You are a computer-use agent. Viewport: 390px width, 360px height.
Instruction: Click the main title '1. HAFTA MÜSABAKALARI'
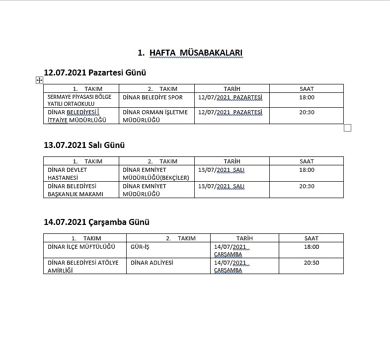[190, 53]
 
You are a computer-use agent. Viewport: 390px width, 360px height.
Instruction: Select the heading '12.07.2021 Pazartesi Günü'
[95, 72]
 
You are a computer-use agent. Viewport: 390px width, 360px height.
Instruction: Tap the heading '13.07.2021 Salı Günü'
[84, 145]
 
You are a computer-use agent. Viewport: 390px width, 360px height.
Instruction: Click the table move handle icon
[39, 80]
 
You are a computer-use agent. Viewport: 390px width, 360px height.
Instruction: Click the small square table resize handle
[347, 128]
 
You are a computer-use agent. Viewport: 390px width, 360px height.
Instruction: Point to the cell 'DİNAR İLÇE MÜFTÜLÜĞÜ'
[81, 247]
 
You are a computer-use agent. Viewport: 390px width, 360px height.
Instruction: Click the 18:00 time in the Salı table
[307, 170]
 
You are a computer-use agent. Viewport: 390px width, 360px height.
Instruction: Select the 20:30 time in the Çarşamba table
[312, 263]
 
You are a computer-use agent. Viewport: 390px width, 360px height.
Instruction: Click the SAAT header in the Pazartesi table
[307, 89]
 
